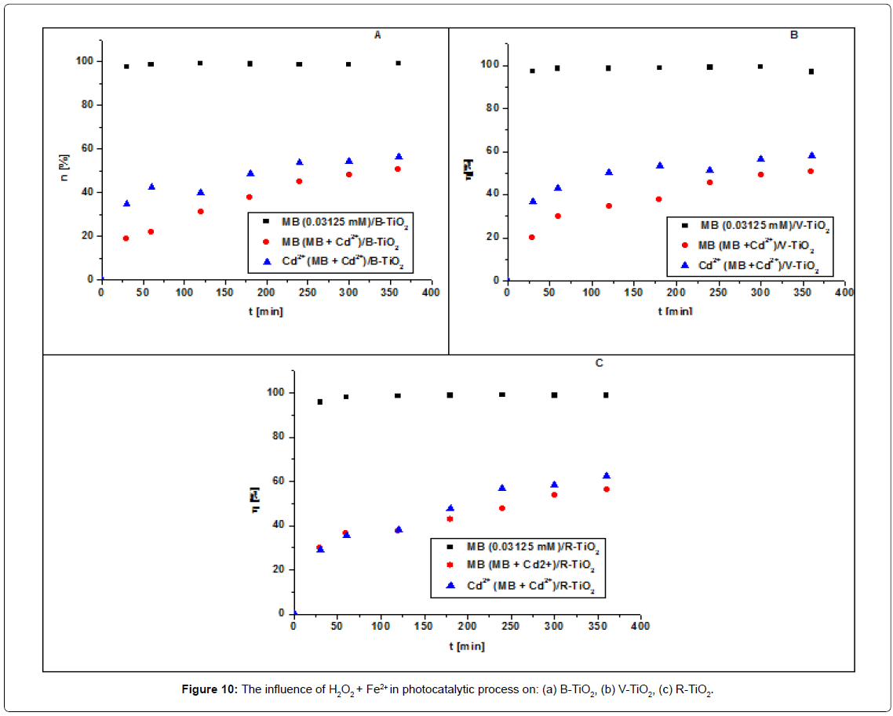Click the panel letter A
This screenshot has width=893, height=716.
click(377, 35)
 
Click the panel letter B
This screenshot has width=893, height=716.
click(794, 35)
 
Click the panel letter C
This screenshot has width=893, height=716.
click(599, 363)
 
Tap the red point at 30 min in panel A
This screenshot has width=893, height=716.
click(126, 238)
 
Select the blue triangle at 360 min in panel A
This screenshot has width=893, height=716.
click(398, 157)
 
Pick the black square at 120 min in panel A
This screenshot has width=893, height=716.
click(200, 64)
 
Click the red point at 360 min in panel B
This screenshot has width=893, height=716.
click(811, 171)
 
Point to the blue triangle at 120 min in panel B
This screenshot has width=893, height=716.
click(609, 173)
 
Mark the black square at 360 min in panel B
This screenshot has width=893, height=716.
click(811, 71)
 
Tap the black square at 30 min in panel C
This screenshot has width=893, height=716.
click(319, 402)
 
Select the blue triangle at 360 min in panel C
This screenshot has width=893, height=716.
click(606, 476)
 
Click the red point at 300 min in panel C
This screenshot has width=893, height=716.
click(554, 495)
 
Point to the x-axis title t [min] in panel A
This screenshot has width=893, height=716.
click(265, 311)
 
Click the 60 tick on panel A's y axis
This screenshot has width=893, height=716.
click(87, 148)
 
